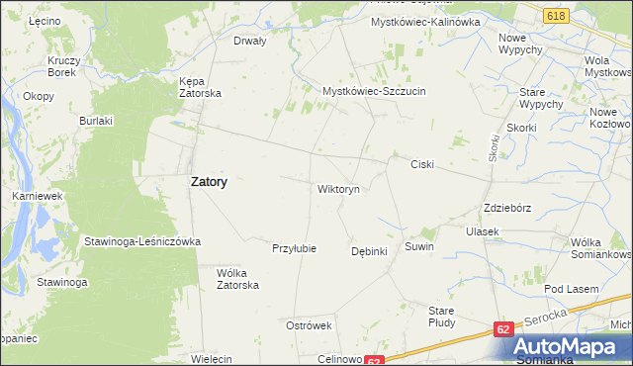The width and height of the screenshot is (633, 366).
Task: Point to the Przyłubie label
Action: [294, 248]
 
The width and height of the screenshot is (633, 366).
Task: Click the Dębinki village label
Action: [369, 251]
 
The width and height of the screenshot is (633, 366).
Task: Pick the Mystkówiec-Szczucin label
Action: [374, 91]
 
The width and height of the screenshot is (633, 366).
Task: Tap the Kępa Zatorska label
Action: [199, 87]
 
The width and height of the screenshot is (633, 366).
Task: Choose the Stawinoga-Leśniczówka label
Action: [142, 241]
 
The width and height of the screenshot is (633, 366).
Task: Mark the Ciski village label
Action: [422, 164]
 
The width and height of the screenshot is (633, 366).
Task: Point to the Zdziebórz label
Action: [509, 209]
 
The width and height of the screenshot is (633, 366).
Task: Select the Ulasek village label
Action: [483, 230]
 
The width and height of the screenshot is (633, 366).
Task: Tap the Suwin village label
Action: [419, 245]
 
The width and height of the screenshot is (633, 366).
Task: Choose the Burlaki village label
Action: [97, 121]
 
